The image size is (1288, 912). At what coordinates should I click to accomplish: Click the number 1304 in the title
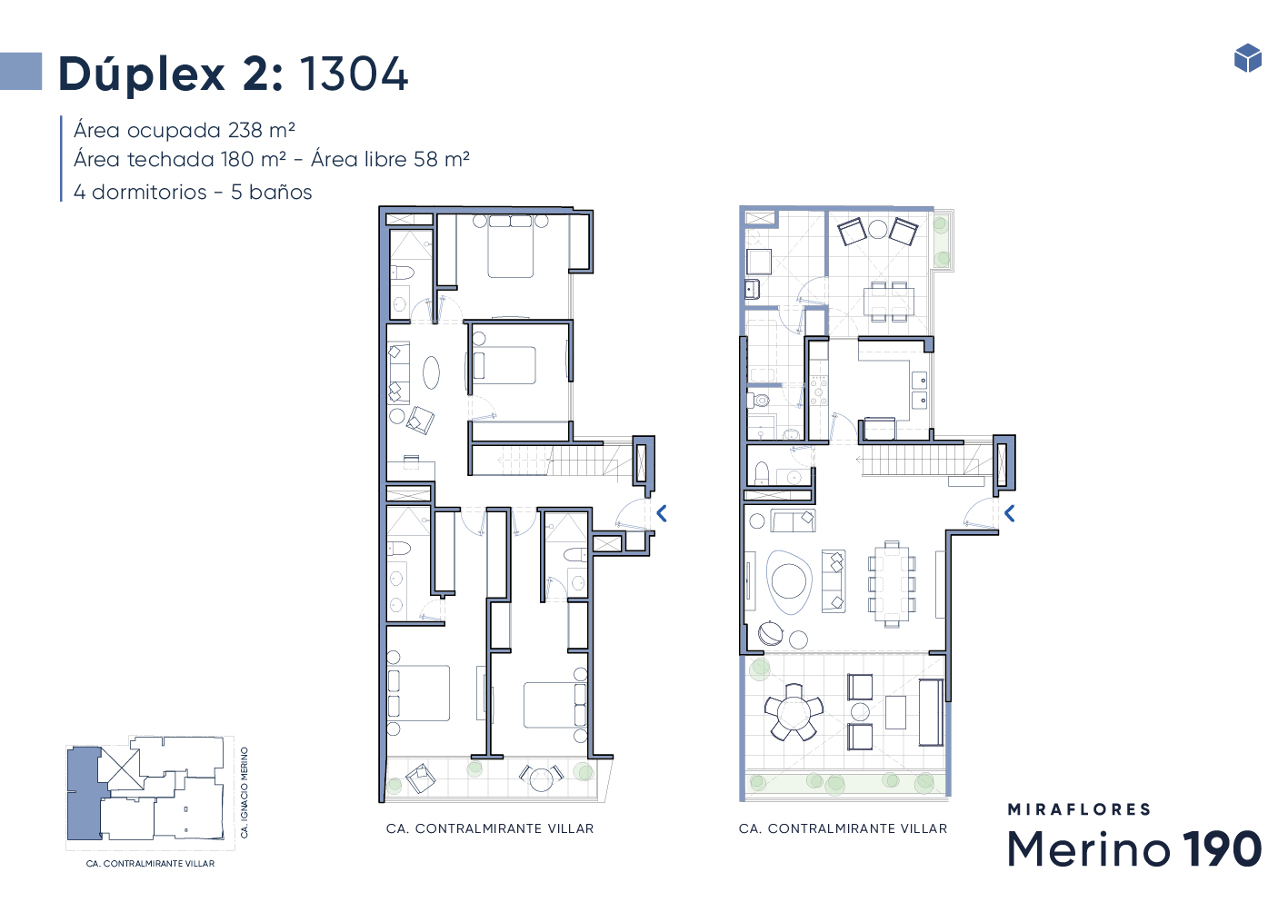point(354,74)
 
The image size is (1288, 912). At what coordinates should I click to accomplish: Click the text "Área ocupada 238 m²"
point(184,131)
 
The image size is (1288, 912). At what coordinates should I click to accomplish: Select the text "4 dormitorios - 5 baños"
point(193,192)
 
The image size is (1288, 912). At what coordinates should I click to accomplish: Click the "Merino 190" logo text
point(1134,848)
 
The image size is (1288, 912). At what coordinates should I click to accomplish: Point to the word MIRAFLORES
point(1079,809)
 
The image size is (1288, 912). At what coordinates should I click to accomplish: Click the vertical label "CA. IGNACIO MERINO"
point(245,792)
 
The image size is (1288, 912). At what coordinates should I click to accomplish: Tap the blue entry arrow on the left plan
point(662,513)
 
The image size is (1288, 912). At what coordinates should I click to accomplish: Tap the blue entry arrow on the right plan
point(1010,513)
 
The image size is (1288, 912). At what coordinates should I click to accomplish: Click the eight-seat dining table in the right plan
point(892,583)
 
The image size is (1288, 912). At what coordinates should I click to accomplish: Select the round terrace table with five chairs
point(794,712)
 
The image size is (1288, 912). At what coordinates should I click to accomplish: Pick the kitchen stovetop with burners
point(819,390)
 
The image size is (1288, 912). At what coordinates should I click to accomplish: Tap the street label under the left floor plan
point(490,828)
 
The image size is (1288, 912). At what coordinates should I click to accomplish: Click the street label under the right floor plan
point(843,828)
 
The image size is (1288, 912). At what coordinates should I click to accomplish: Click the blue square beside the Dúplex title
point(21,71)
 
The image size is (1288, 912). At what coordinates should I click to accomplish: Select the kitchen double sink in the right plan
point(920,390)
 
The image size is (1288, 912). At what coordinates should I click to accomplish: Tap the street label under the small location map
point(150,864)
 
